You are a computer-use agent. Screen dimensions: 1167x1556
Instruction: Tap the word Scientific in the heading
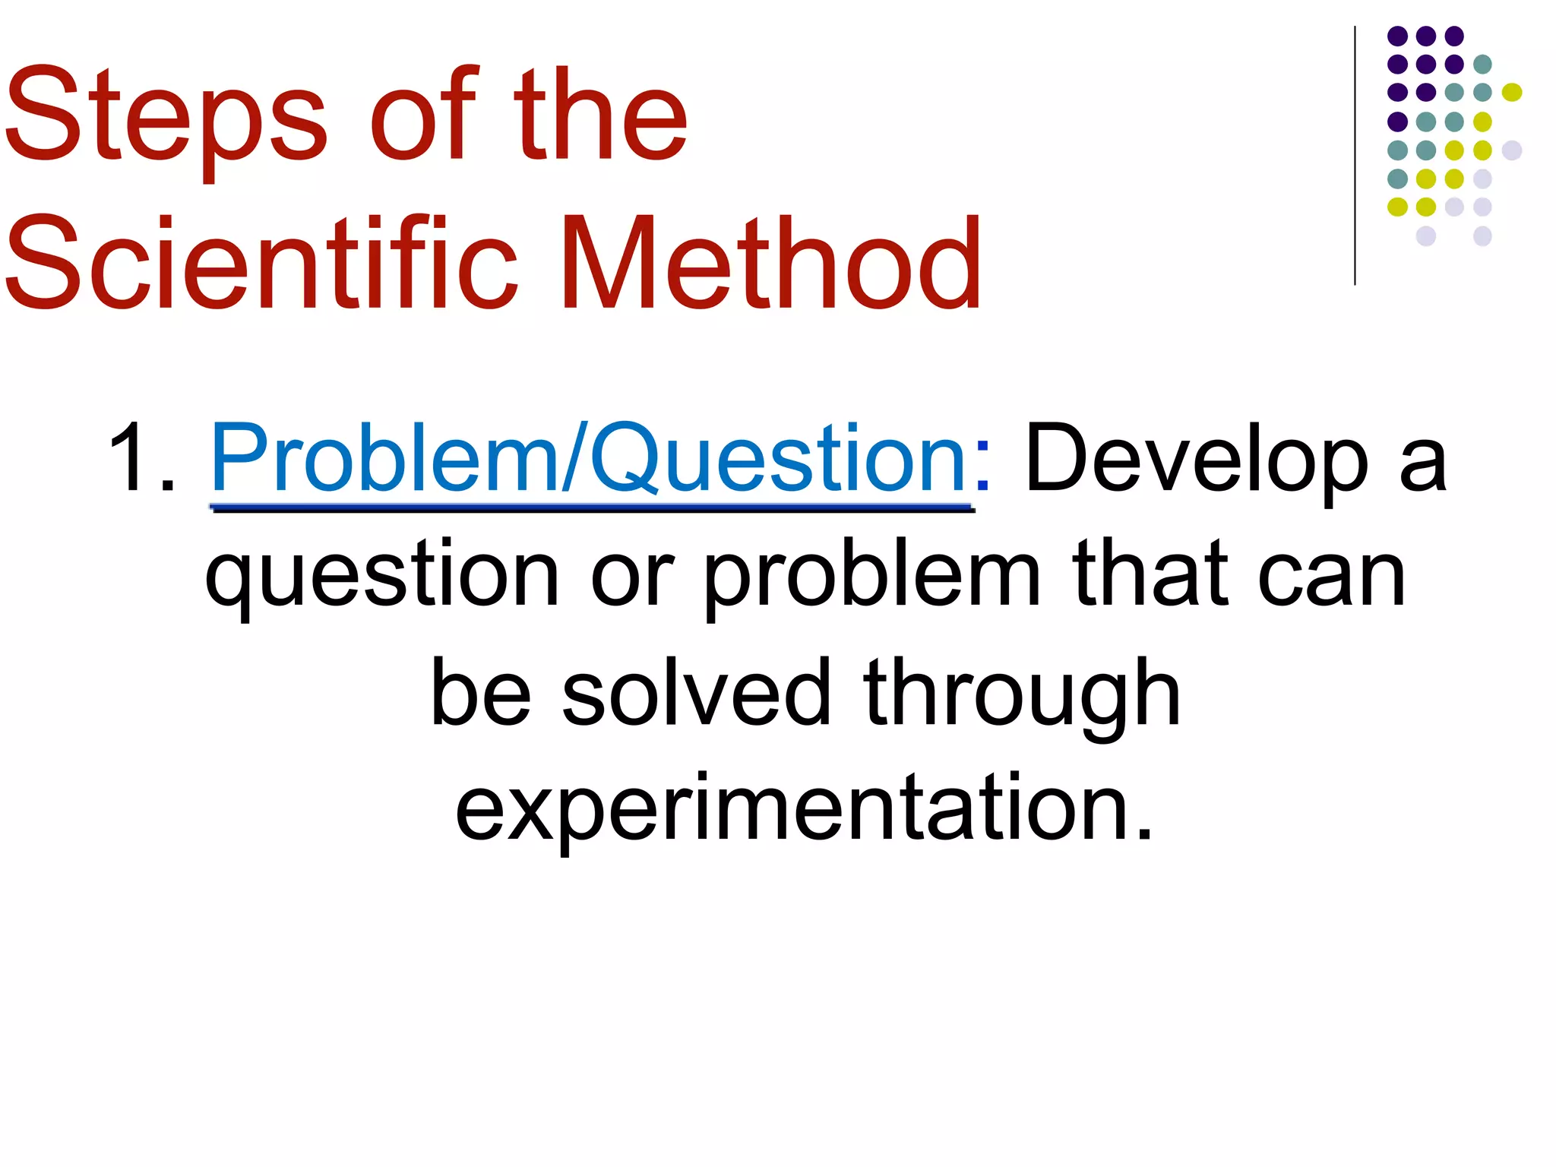[262, 264]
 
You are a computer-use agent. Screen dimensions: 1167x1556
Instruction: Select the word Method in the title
[771, 264]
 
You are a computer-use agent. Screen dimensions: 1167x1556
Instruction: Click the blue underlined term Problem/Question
[588, 460]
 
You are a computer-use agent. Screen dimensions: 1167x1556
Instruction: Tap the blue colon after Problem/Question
[982, 465]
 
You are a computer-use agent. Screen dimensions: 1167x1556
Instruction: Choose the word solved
[696, 693]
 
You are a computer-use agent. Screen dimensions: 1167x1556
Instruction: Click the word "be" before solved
[480, 693]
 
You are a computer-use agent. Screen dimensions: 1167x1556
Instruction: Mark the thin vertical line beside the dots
[1355, 156]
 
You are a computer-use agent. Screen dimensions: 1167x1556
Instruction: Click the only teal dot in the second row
[1482, 64]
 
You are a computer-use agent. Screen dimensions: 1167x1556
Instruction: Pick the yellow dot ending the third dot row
[1512, 93]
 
